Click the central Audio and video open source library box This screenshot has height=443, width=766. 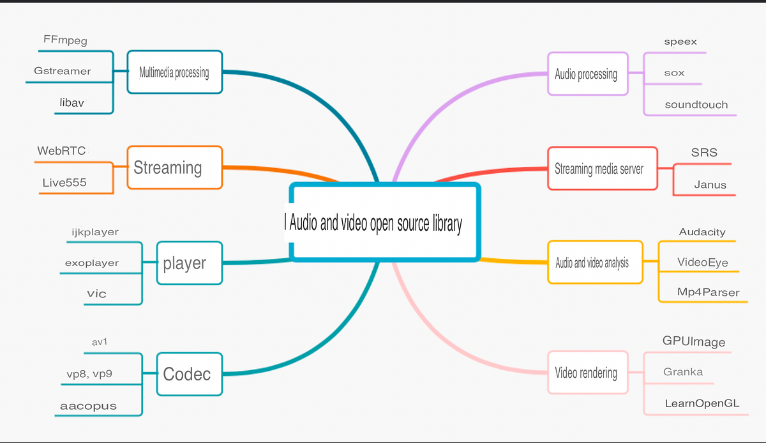point(384,222)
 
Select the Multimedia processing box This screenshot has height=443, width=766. point(174,72)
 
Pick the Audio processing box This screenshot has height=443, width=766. point(587,74)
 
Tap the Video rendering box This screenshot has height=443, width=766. point(587,373)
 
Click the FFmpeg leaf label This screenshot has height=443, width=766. point(65,40)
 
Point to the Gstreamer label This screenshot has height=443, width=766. point(63,71)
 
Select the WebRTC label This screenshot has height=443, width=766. point(61,152)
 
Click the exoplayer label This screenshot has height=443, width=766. point(92,263)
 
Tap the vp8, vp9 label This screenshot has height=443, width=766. point(89,374)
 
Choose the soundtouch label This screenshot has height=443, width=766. point(696,105)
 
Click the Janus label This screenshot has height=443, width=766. point(710,185)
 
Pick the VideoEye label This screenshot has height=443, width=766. point(703,263)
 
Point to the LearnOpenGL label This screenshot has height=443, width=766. point(702,403)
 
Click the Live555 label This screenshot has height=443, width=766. point(64,183)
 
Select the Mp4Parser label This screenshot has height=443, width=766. point(708,293)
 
